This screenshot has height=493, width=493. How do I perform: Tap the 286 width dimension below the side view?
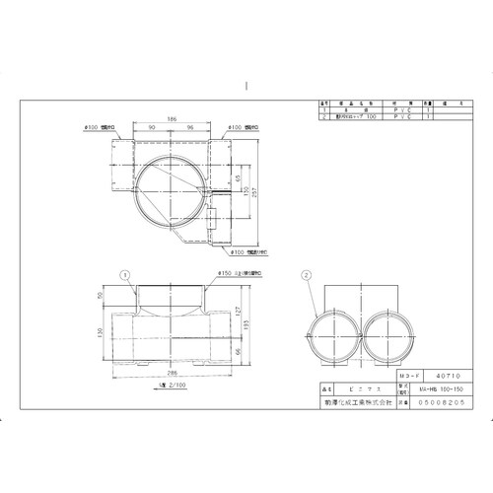[x=172, y=376]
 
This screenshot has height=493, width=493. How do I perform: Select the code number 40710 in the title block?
[x=421, y=377]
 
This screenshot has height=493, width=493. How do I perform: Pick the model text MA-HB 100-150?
[x=421, y=389]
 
